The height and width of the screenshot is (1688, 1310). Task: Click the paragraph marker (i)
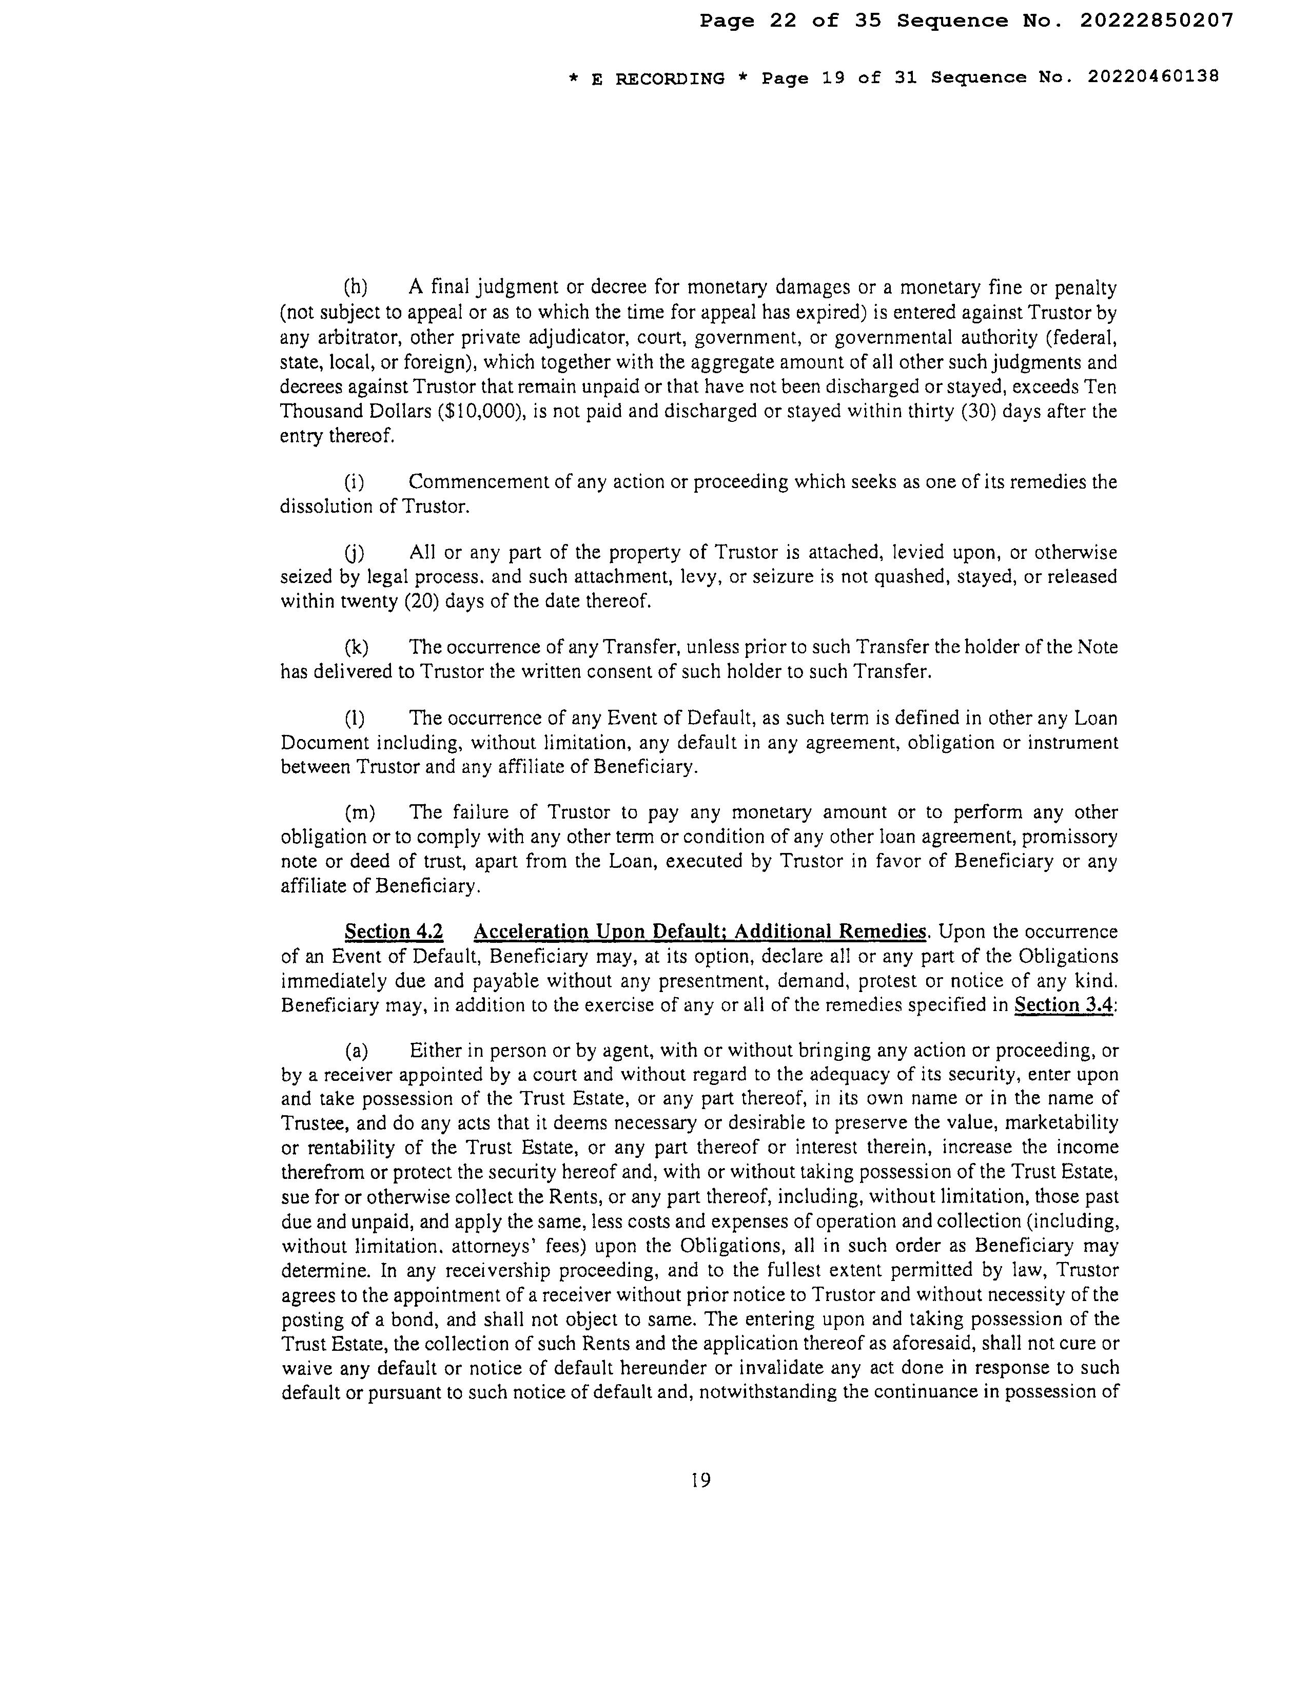pyautogui.click(x=354, y=482)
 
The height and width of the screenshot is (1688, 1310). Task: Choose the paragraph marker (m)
pyautogui.click(x=359, y=812)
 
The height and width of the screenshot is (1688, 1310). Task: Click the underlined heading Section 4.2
pyautogui.click(x=394, y=932)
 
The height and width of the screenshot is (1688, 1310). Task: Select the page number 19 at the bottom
pyautogui.click(x=700, y=1480)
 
